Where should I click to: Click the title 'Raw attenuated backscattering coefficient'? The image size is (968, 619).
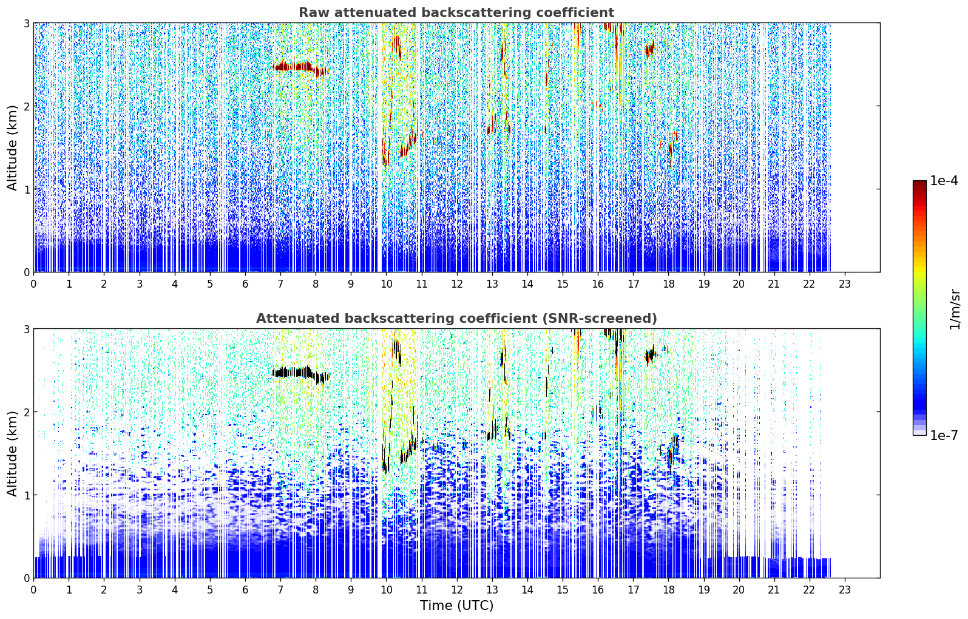[x=456, y=13]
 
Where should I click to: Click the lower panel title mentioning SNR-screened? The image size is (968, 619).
[x=456, y=319]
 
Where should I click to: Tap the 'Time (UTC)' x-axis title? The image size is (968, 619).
[x=456, y=605]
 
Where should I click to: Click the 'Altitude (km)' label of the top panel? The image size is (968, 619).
[x=12, y=147]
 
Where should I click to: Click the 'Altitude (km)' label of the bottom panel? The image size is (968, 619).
[x=12, y=453]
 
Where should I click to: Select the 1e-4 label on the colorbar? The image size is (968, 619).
[x=944, y=181]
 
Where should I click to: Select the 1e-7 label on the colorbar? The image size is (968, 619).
[x=944, y=435]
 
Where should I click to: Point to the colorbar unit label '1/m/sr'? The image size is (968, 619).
[x=954, y=309]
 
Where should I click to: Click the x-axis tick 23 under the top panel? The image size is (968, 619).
[x=844, y=284]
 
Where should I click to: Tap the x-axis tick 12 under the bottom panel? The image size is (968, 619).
[x=457, y=590]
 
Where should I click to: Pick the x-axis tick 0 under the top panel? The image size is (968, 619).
[x=34, y=284]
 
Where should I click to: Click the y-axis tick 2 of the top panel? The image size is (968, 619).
[x=27, y=106]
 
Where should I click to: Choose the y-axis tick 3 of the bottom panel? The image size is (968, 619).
[x=27, y=329]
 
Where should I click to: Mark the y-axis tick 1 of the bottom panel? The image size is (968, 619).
[x=27, y=495]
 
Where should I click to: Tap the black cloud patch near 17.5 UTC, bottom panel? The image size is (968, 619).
[x=649, y=356]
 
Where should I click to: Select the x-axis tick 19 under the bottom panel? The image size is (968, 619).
[x=704, y=590]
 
